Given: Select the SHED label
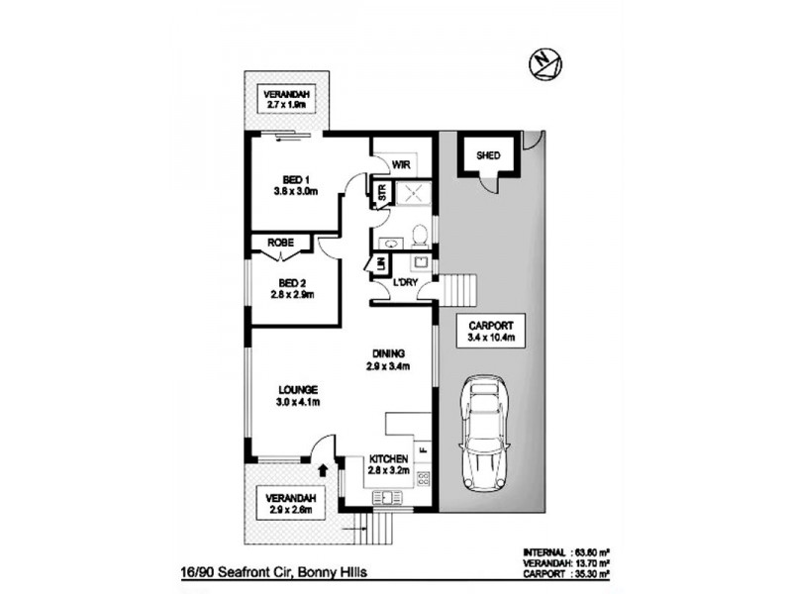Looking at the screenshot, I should click(488, 156).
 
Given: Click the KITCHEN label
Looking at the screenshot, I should click(389, 459).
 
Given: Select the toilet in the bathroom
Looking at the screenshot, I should click(420, 236).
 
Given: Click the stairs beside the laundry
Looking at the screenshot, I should click(457, 290).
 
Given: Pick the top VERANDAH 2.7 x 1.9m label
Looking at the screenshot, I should click(286, 98).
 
